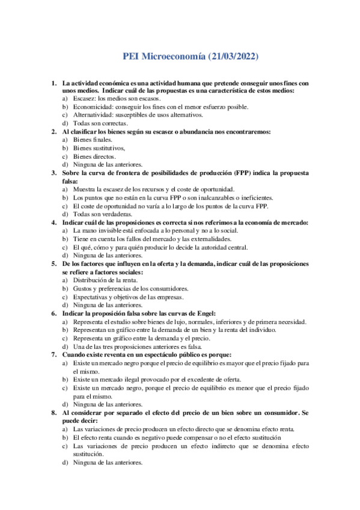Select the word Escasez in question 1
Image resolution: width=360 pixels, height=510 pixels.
tap(84, 98)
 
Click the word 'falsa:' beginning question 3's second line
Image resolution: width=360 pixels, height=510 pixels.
tap(71, 180)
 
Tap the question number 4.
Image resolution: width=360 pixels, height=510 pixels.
tap(53, 222)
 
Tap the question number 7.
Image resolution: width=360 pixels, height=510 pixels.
tap(53, 354)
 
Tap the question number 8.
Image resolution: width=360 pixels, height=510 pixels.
tap(53, 413)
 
